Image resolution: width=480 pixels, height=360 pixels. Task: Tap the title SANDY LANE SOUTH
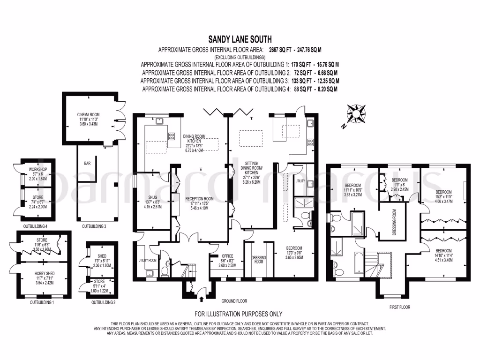coord(240,40)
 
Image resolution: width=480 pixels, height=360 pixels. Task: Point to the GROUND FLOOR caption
coord(234,301)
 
